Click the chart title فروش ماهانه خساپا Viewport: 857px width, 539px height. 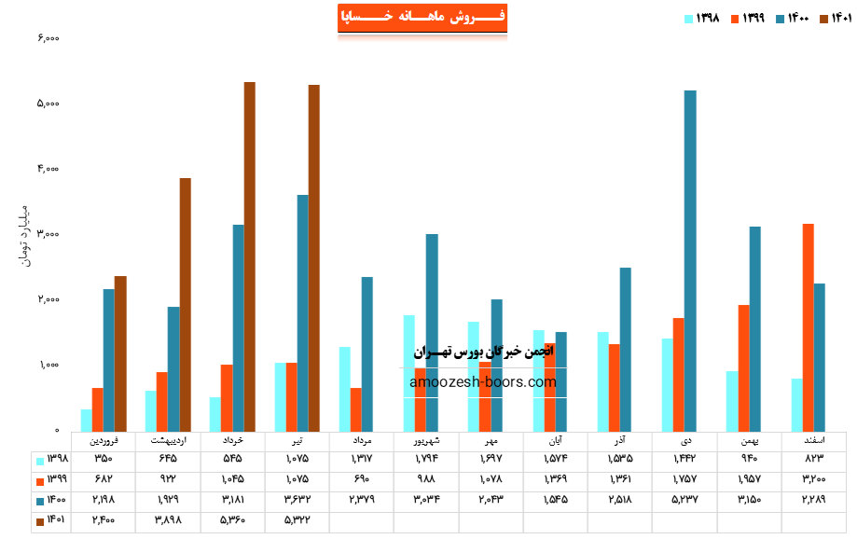(x=422, y=18)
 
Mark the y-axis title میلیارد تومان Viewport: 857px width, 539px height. (x=23, y=233)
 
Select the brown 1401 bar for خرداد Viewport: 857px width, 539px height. (x=250, y=256)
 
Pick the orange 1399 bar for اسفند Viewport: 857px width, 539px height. (x=808, y=326)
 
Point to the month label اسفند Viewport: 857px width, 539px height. (x=814, y=439)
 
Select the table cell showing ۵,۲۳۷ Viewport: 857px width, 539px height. (x=684, y=502)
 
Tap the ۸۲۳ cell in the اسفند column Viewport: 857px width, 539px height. (x=814, y=460)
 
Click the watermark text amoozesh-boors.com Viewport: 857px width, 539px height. (x=483, y=381)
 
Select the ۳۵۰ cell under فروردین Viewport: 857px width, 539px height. (x=104, y=460)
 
